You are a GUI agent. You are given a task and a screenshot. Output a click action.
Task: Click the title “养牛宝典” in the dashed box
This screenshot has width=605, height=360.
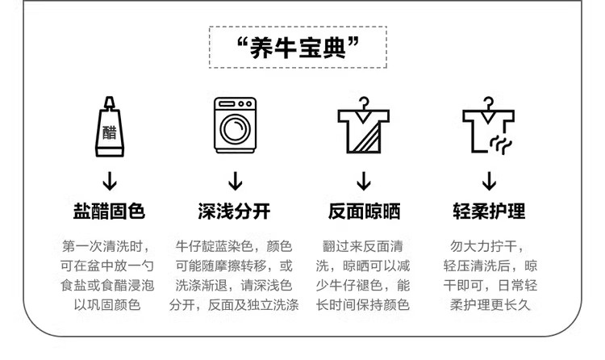pos(299,48)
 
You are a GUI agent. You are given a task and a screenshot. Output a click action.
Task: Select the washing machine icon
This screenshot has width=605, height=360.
pos(235,126)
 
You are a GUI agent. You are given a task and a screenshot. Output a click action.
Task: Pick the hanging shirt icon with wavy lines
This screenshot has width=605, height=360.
pos(489,128)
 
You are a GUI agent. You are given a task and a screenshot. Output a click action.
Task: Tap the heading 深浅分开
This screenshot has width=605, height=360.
pos(235,211)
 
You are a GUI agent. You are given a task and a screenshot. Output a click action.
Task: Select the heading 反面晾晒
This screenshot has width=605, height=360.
pos(364,211)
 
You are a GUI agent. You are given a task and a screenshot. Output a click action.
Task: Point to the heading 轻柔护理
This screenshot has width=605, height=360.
pos(489,211)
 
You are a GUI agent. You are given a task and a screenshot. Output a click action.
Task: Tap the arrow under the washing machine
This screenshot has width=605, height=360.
pos(235,179)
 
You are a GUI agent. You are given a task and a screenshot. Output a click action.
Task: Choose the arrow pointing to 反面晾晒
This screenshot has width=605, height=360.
pos(364,179)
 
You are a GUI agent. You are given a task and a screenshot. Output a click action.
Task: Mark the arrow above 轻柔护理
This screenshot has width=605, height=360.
pos(489,179)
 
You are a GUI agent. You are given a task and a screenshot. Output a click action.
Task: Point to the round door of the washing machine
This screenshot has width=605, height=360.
pos(235,130)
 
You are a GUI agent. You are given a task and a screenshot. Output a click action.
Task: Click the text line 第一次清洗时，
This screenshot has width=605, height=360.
pos(107,245)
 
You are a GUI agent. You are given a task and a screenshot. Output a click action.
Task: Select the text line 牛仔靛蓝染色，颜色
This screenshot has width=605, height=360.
pos(234,245)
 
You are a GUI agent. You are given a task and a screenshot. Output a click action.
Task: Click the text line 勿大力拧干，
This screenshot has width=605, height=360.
pos(489,245)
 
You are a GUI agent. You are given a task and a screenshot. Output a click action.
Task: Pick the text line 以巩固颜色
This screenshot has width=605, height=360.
pos(107,305)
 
